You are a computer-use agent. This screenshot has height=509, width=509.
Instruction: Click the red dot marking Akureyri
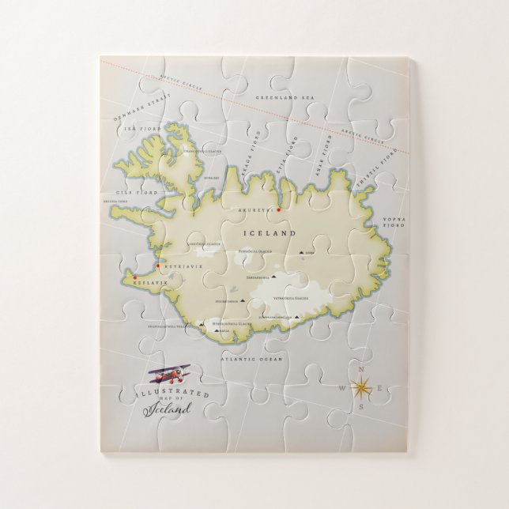(x=278, y=209)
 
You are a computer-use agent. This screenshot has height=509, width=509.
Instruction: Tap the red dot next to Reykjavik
(x=158, y=266)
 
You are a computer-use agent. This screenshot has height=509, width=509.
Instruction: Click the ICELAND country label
(x=272, y=234)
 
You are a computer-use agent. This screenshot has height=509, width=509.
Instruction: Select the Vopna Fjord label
(x=394, y=221)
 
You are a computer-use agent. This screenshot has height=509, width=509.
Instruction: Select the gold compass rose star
(x=362, y=387)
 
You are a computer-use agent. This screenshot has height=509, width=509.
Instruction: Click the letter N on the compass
(x=362, y=369)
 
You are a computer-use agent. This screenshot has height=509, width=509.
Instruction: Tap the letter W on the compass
(x=341, y=388)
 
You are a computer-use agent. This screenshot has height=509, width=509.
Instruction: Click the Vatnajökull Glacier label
(x=290, y=298)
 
